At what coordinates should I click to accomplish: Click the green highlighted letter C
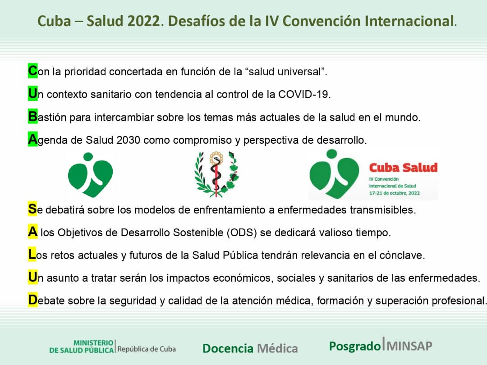click(32, 71)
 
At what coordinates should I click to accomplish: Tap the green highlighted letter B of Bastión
click(32, 117)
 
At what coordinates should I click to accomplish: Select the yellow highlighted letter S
click(32, 209)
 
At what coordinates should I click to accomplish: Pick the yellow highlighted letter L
click(32, 255)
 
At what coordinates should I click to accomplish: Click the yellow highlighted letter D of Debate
click(32, 300)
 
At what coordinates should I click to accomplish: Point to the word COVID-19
click(304, 95)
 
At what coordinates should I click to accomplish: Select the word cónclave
click(402, 255)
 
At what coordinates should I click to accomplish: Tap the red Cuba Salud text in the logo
click(403, 168)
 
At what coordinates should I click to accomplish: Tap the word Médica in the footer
click(277, 348)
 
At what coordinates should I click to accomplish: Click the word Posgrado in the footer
click(354, 346)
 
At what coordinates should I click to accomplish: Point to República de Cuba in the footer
click(147, 349)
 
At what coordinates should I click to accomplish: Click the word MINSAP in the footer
click(409, 346)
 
